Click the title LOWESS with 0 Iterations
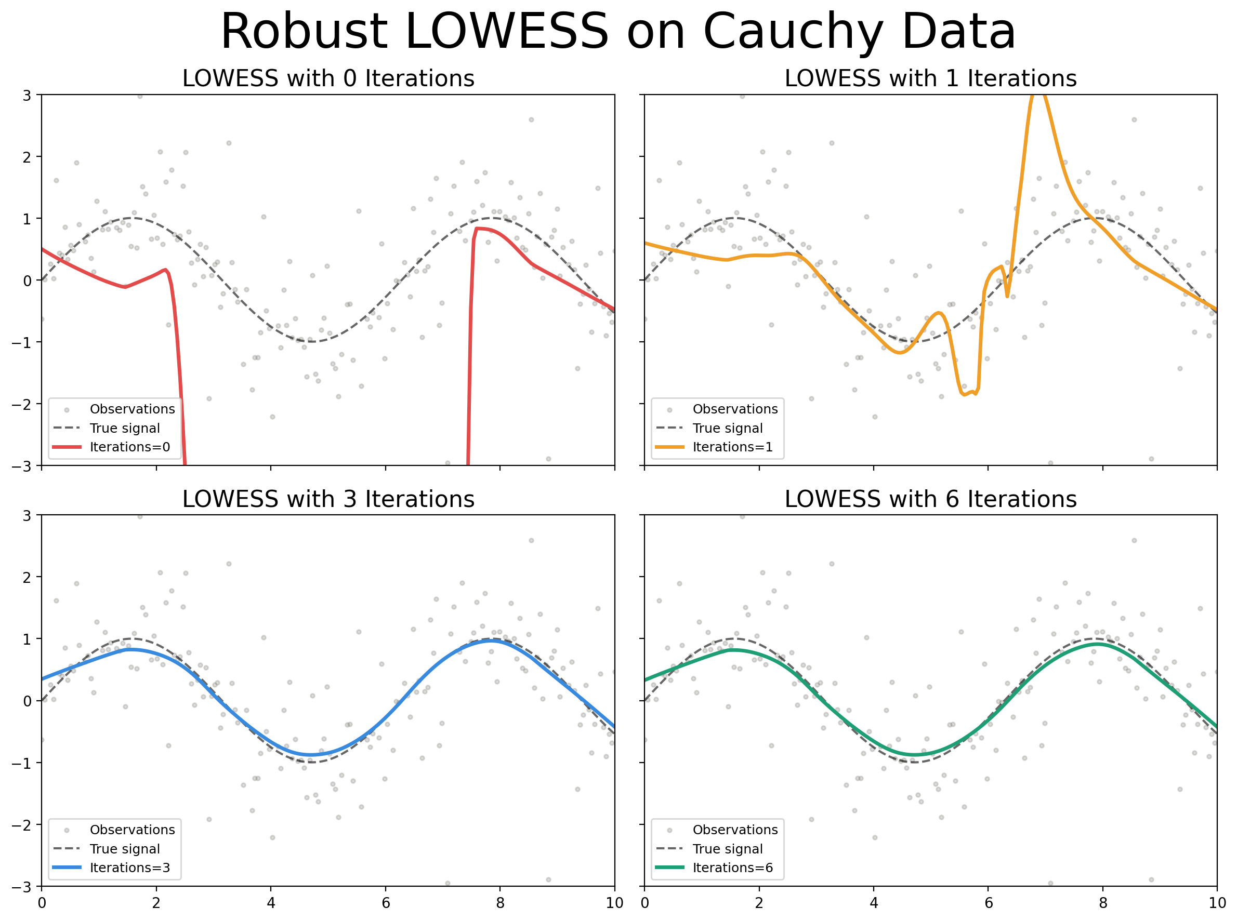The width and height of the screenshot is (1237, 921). point(328,78)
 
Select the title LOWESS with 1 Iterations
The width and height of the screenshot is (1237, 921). point(930,78)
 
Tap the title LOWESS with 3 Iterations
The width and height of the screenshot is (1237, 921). point(328,500)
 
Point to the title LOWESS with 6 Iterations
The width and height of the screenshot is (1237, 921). point(930,500)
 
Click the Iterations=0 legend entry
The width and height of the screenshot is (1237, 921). point(129,447)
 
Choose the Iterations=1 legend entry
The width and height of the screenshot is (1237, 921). point(732,447)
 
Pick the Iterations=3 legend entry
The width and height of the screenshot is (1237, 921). point(129,868)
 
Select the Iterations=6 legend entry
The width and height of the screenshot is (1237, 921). point(732,868)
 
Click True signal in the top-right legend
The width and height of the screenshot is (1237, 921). point(727,428)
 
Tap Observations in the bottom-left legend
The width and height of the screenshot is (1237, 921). point(132,830)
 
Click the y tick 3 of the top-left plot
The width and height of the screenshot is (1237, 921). point(27,95)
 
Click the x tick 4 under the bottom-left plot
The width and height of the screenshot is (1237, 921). point(270,903)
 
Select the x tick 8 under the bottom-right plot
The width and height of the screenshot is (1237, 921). point(1102,903)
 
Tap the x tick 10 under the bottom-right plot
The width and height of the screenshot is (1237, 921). point(1217,903)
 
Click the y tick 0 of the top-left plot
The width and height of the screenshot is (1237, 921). point(27,281)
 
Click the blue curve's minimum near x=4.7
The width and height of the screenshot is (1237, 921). point(311,755)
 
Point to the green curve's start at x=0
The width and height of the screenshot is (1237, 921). point(646,680)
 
